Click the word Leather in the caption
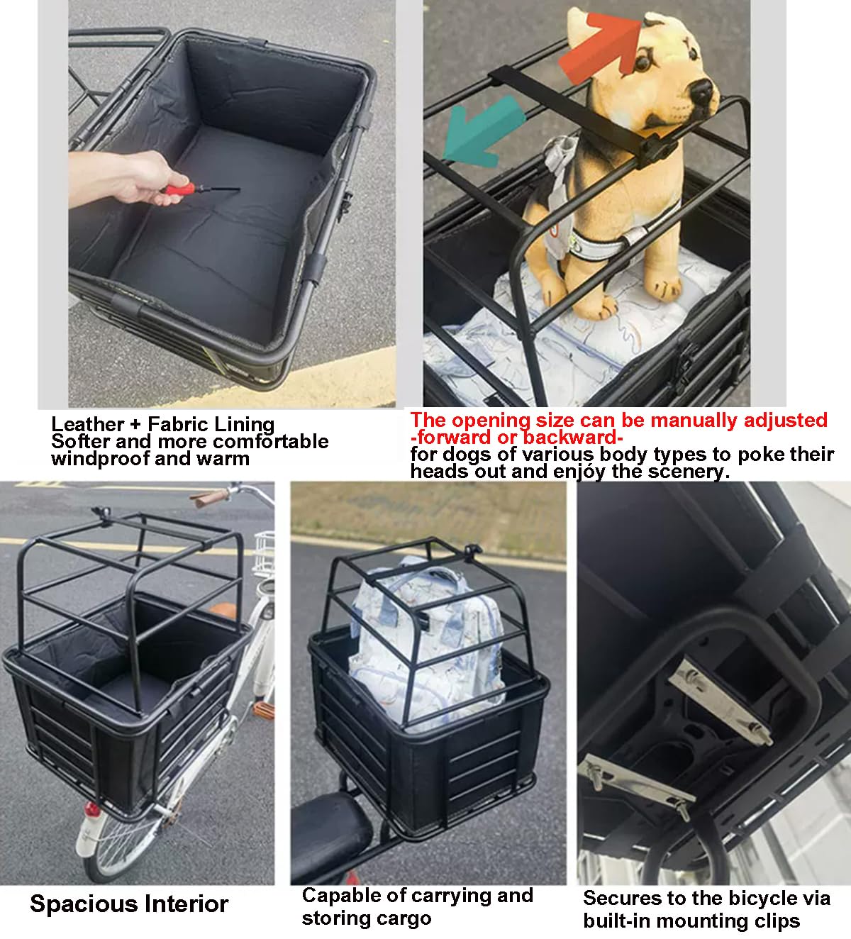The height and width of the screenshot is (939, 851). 87,424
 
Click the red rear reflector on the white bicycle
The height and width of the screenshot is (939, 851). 91,809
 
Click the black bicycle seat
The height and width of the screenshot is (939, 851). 330,831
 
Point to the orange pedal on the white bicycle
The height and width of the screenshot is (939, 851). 263,709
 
